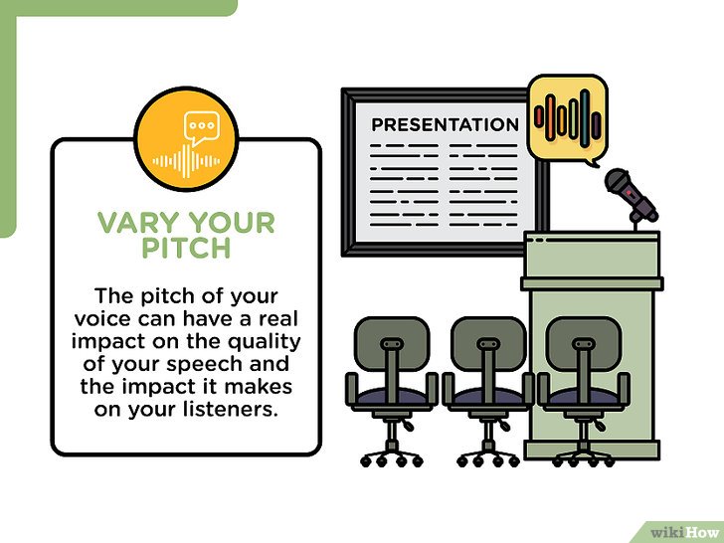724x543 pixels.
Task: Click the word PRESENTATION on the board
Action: coord(446,124)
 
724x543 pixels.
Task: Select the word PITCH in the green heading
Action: coord(186,248)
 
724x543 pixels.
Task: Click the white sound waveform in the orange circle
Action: coord(186,161)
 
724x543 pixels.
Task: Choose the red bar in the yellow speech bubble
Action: coord(539,116)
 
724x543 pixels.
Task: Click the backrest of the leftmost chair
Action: coord(392,343)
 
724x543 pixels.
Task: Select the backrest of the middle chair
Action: coord(488,343)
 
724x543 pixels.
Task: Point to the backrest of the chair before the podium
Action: coord(583,343)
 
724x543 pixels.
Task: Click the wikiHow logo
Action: coord(684,532)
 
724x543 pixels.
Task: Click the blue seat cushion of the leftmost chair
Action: coord(392,396)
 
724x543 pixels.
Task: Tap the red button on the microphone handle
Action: coord(629,191)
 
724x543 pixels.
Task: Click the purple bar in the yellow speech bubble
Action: coord(597,125)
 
